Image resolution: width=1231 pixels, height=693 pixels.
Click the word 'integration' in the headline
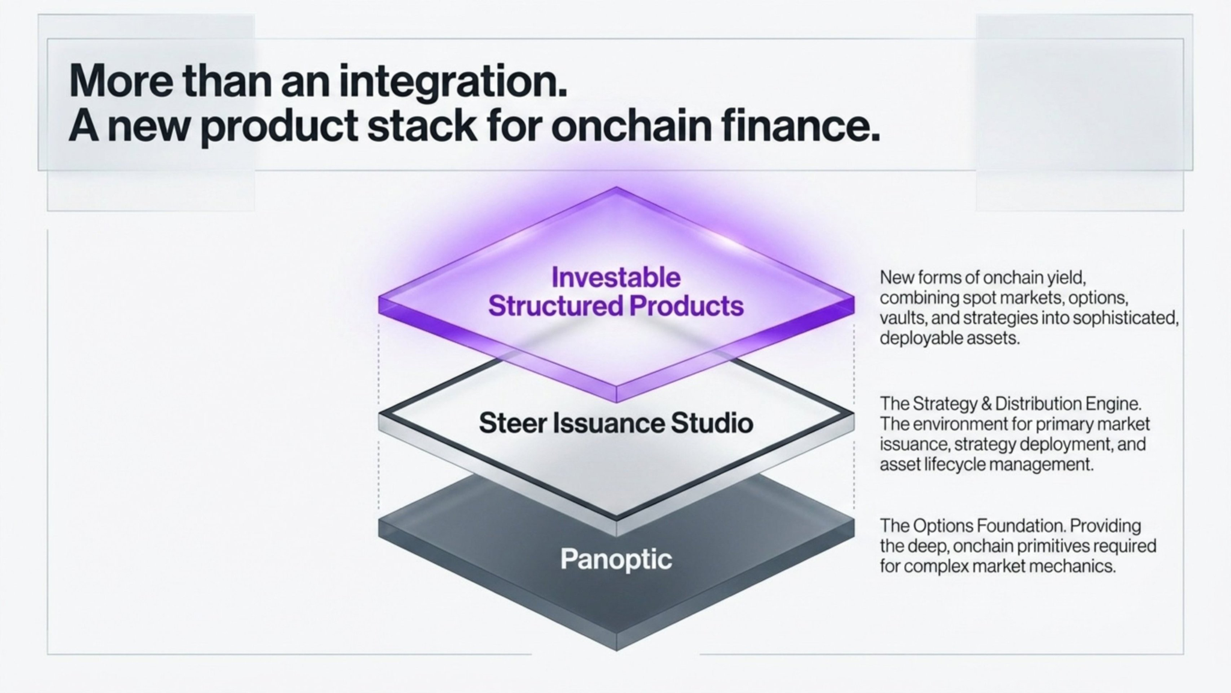tap(453, 82)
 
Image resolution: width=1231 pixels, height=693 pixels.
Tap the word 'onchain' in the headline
tap(630, 126)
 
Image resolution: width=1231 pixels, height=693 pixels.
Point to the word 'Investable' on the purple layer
tap(615, 278)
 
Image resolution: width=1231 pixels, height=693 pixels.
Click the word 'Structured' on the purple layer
tap(555, 306)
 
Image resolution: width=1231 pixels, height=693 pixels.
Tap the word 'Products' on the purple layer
tap(686, 306)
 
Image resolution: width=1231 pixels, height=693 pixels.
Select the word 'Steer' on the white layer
tap(512, 423)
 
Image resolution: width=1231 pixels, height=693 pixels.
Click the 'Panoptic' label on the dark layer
tap(615, 559)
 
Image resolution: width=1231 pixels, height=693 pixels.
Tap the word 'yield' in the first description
tap(1066, 278)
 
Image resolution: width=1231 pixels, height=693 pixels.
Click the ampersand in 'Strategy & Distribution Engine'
tap(986, 404)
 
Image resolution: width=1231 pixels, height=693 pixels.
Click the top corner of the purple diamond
tap(615, 188)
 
